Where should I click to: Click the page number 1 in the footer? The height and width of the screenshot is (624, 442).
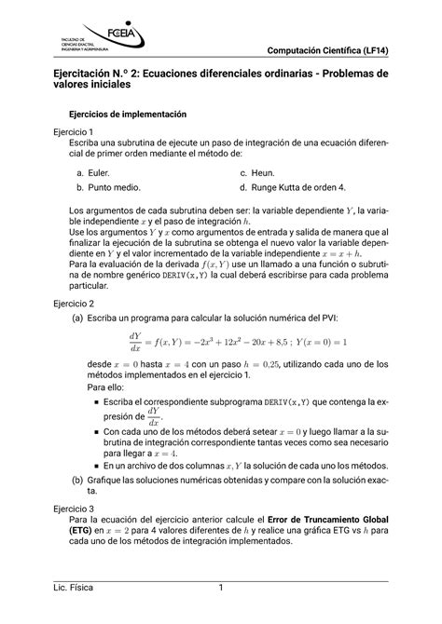221,588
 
